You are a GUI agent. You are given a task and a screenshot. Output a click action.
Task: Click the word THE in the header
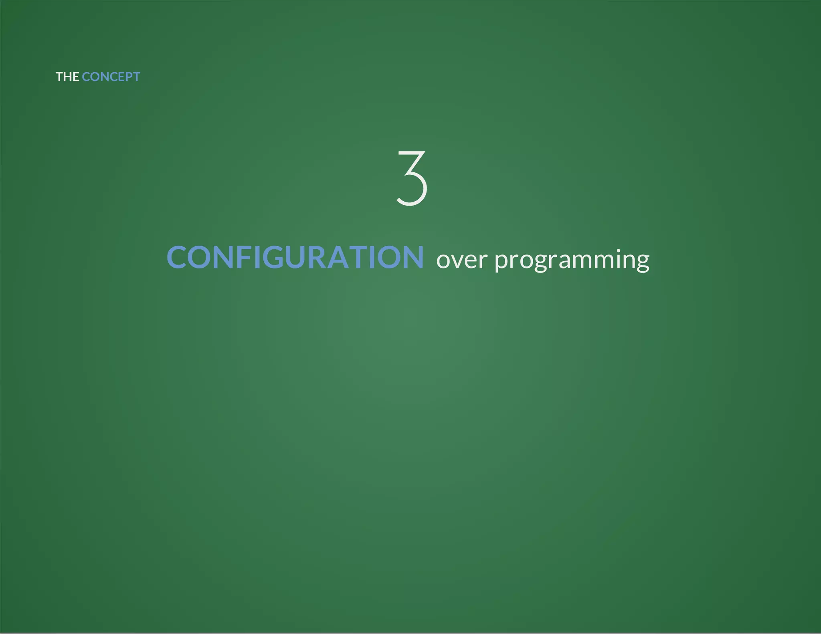[67, 77]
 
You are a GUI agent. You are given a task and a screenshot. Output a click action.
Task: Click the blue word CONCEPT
[111, 77]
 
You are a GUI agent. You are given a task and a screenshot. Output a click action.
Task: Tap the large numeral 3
[412, 178]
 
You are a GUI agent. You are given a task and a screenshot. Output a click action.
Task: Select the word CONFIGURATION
[295, 257]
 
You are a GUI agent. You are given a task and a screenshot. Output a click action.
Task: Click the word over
[461, 260]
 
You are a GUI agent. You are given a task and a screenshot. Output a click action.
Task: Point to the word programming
[572, 260]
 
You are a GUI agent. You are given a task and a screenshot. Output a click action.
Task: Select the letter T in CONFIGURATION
[360, 257]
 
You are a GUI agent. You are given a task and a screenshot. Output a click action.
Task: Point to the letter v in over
[457, 261]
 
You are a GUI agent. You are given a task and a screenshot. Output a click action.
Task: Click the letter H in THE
[68, 77]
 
